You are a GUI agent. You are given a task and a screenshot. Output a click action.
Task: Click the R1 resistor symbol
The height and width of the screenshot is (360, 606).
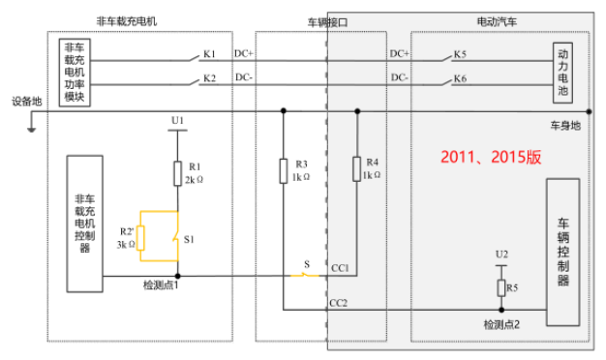pos(178,173)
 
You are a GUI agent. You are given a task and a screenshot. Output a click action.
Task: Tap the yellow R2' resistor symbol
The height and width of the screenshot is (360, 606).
pos(140,238)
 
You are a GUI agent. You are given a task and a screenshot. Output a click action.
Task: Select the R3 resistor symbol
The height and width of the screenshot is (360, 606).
pos(284,170)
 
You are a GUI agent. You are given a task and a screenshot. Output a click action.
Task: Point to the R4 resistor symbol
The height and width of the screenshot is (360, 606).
pos(356,168)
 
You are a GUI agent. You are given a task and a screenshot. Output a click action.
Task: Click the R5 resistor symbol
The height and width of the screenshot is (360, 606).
pos(501,287)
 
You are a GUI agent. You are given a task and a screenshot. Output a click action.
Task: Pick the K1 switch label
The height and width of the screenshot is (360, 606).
pos(209,54)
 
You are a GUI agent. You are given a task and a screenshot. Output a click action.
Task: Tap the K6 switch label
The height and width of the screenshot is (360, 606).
pos(460,78)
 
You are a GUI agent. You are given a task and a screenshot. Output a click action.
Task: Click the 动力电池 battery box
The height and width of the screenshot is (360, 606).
pos(562,73)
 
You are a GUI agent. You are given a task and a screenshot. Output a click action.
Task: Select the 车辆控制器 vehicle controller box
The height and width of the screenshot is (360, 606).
pos(562,252)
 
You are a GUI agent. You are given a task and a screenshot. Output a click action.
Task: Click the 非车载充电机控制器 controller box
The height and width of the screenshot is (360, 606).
pos(84,224)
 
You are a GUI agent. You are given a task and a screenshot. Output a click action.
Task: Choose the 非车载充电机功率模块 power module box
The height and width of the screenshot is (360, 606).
pos(75,73)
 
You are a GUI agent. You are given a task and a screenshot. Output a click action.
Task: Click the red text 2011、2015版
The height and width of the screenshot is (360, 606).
pos(491,157)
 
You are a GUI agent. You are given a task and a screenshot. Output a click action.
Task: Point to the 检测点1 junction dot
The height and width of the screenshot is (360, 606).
pos(178,276)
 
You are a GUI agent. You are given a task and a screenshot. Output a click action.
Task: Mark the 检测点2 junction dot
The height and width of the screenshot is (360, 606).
pos(501,310)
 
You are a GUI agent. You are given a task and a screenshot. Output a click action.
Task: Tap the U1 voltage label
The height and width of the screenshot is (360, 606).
pos(177,121)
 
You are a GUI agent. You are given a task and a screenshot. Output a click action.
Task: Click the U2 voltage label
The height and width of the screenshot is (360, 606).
pos(501,255)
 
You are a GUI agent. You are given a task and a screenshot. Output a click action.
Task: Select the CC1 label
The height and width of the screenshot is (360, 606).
pos(340,268)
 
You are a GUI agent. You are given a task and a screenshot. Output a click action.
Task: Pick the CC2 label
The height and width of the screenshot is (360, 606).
pos(338,303)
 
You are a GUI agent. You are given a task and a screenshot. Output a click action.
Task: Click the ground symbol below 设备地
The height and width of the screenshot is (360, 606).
pos(31,129)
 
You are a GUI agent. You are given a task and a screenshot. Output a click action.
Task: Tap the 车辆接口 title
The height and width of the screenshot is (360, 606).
pos(327,22)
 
